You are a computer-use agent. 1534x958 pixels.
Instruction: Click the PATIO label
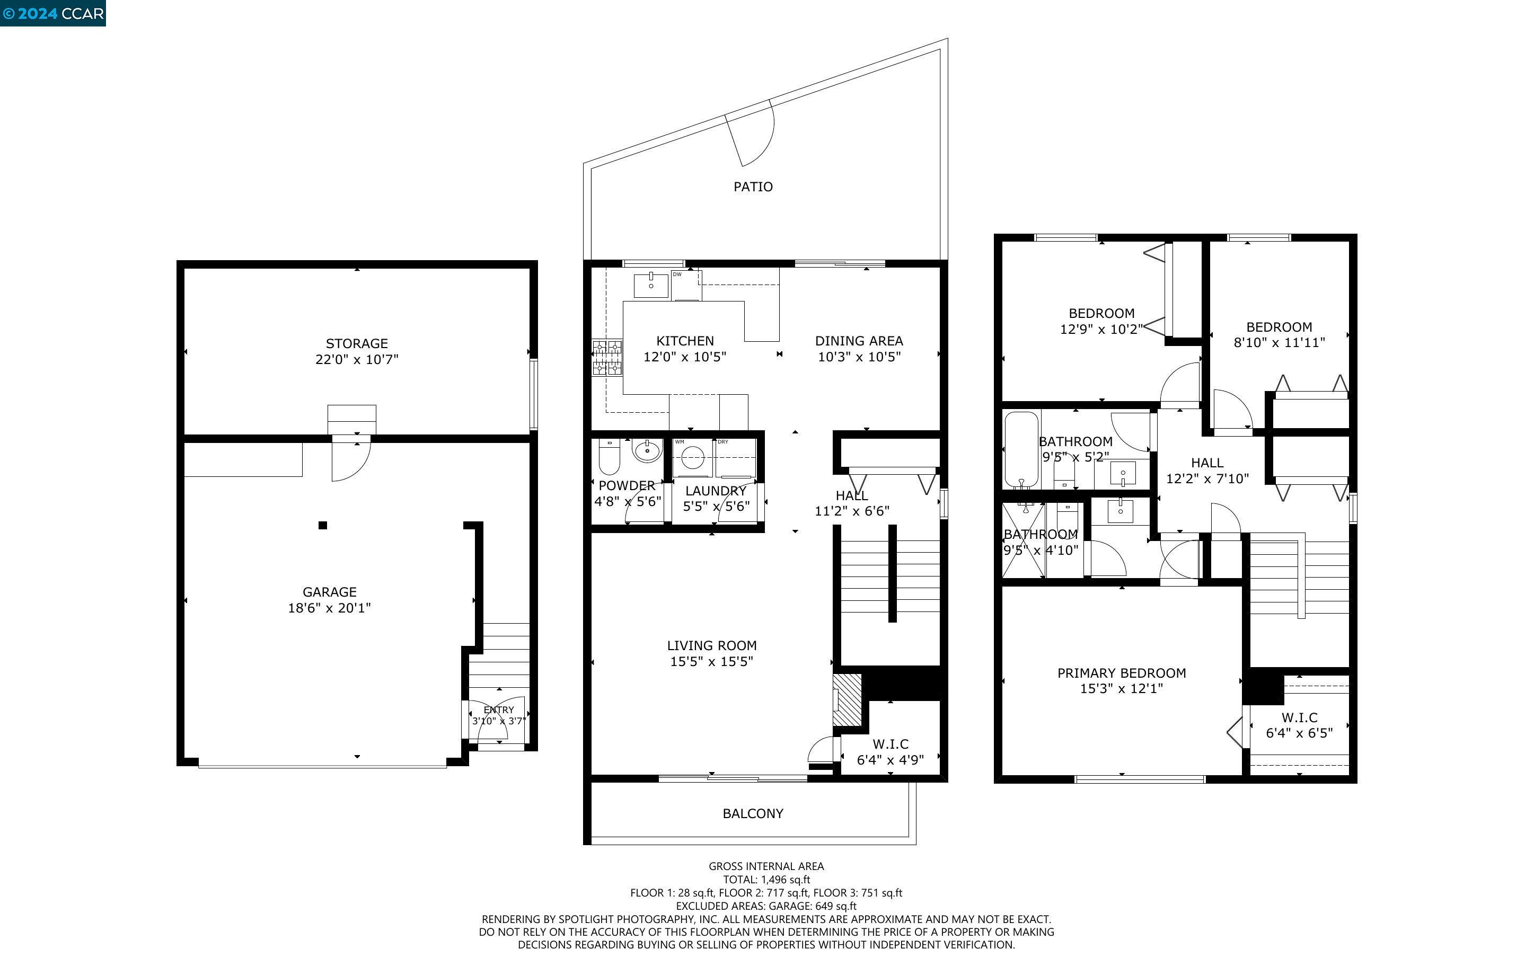[x=753, y=187]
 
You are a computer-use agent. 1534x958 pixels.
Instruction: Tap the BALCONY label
[x=753, y=813]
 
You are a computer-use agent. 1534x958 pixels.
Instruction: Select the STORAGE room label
[x=357, y=343]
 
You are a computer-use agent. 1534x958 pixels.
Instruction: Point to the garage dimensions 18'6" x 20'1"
[x=330, y=608]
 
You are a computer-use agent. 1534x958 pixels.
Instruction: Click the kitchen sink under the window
[x=651, y=285]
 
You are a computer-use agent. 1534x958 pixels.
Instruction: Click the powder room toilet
[x=610, y=456]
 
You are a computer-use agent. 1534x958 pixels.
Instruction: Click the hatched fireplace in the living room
[x=847, y=699]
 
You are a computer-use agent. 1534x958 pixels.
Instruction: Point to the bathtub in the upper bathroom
[x=1021, y=449]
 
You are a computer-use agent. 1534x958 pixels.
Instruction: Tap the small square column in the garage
[x=322, y=525]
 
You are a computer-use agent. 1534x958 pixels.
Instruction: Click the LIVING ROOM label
[x=711, y=645]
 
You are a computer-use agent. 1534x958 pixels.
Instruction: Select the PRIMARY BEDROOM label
[x=1122, y=673]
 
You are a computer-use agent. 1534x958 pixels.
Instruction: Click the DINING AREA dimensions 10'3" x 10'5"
[x=859, y=357]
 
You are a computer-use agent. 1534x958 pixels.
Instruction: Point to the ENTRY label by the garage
[x=499, y=710]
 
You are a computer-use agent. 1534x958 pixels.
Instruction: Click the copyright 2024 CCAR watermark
[x=53, y=13]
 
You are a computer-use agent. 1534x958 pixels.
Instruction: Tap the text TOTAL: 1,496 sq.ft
[x=766, y=880]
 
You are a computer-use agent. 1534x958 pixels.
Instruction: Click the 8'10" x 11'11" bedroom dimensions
[x=1279, y=343]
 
